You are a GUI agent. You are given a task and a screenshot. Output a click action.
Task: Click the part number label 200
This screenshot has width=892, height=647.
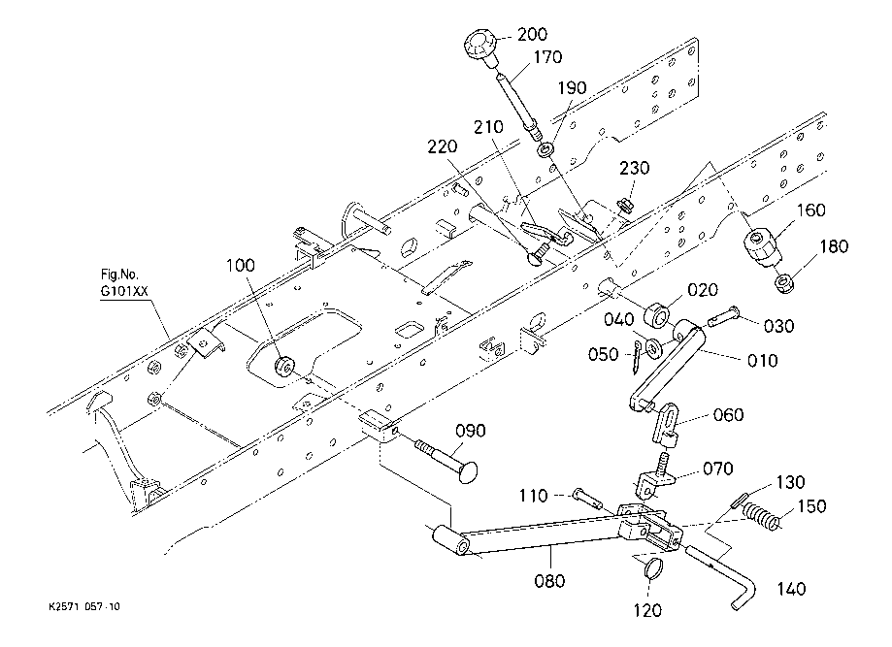click(x=532, y=34)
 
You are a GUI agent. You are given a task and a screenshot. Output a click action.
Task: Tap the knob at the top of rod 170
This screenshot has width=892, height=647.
click(x=480, y=47)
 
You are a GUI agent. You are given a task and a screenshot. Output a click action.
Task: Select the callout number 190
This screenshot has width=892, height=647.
click(x=572, y=88)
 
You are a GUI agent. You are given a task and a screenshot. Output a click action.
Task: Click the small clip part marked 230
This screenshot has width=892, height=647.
click(x=625, y=204)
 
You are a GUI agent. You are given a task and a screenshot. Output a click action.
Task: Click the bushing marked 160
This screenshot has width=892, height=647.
click(x=761, y=245)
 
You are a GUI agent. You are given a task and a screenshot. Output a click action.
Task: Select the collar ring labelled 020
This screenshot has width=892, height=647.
click(x=657, y=315)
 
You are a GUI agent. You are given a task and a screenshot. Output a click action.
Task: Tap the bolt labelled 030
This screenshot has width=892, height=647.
click(x=724, y=316)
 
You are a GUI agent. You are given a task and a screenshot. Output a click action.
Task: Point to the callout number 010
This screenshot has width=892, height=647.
click(x=762, y=361)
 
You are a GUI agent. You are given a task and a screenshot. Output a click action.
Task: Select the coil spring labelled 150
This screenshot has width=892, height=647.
click(x=761, y=516)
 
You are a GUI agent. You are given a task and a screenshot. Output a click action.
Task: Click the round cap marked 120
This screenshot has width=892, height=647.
click(x=653, y=567)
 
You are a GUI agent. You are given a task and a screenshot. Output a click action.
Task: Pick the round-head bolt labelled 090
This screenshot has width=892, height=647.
click(x=446, y=457)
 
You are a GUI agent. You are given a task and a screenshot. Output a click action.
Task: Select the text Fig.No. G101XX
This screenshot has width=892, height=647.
click(x=124, y=283)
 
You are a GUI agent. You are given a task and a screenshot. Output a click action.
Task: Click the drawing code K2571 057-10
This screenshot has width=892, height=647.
click(x=84, y=606)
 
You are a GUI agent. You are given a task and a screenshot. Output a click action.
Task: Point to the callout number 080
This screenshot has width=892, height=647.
click(x=549, y=581)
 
